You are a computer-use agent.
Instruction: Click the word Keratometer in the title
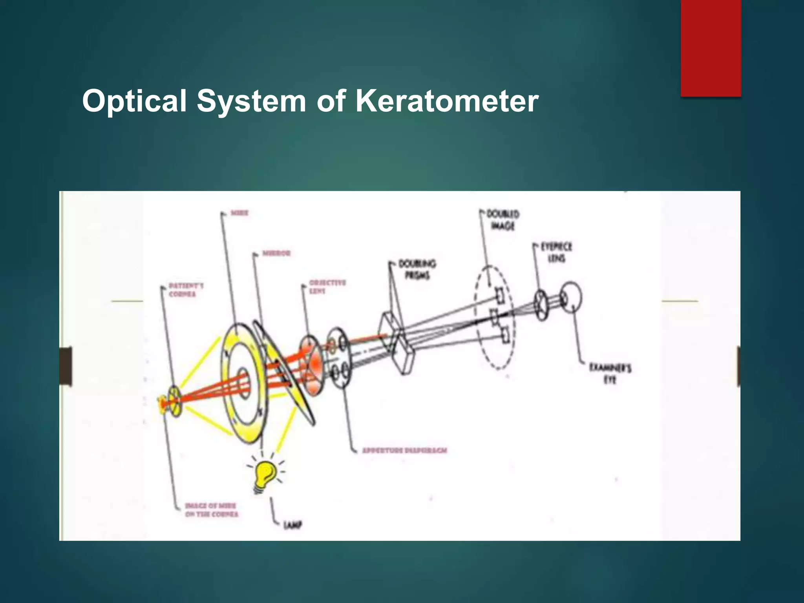pos(447,101)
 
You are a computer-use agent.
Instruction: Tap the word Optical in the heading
pos(134,101)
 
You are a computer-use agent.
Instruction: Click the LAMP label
pos(293,525)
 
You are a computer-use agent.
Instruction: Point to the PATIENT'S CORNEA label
pos(186,290)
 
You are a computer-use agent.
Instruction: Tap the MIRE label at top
pos(239,213)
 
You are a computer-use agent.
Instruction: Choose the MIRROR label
pos(276,253)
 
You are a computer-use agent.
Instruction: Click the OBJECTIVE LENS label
pos(327,287)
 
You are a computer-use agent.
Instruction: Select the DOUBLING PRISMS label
pos(417,269)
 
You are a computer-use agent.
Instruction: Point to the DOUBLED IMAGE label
pos(503,220)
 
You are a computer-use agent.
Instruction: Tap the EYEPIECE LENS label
pos(556,252)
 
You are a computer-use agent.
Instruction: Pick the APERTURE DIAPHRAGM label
pos(405,450)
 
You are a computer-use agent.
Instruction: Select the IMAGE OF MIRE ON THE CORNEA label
pos(212,510)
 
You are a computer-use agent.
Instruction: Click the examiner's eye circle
pos(571,297)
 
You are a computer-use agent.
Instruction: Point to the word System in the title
pos(251,101)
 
